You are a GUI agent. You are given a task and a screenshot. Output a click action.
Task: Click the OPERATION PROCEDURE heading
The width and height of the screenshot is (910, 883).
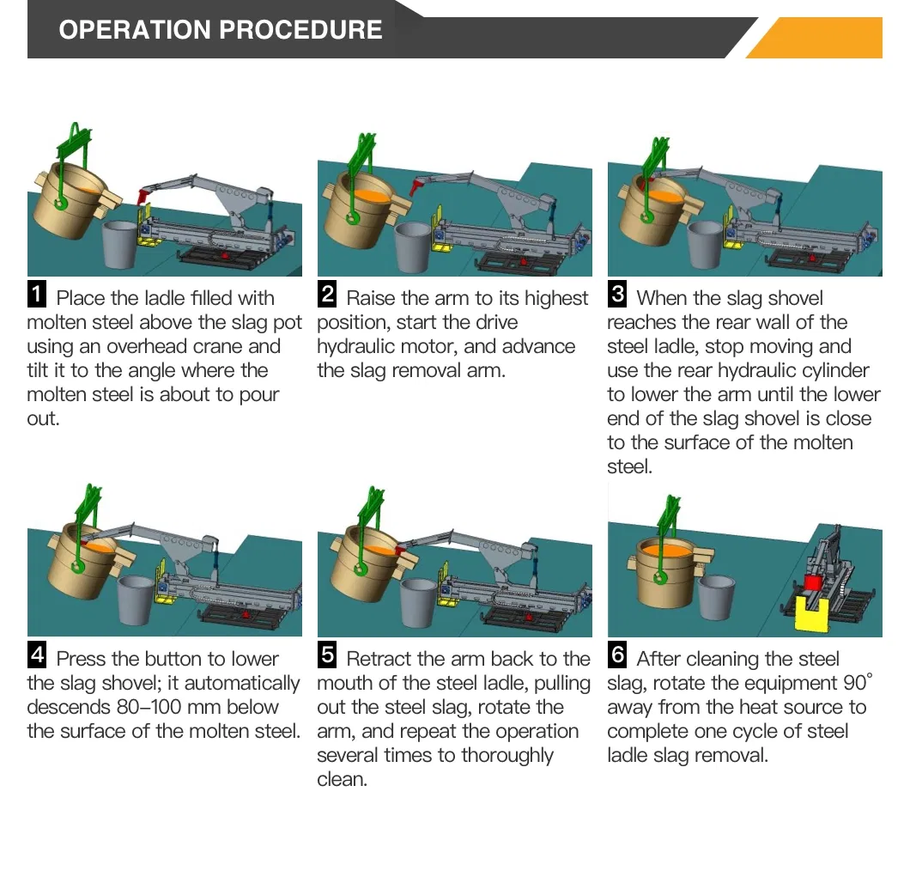click(220, 30)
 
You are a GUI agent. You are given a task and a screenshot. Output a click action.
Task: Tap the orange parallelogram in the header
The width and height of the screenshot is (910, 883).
click(816, 39)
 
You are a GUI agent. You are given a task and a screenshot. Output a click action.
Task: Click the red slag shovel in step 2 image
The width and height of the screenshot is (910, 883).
click(418, 183)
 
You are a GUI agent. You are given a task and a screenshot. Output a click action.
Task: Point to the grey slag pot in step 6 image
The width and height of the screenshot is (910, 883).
click(717, 595)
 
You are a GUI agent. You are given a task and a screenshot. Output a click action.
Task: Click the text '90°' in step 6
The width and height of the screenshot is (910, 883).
click(857, 683)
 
